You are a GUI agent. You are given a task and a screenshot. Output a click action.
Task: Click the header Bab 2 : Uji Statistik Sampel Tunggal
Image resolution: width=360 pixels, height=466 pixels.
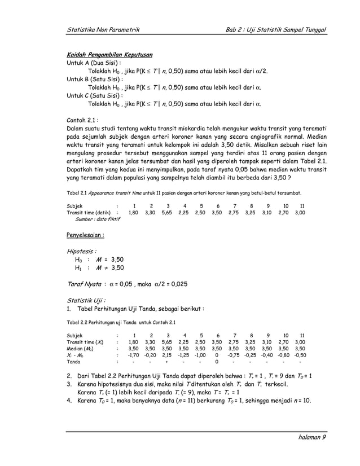(x=276, y=29)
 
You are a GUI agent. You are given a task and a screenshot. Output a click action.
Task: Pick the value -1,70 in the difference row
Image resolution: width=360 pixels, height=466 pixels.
(x=133, y=355)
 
